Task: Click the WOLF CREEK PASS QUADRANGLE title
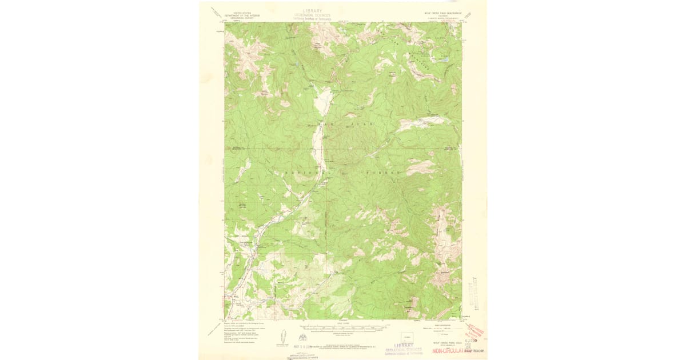pos(439,12)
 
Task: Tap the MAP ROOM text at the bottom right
pos(473,351)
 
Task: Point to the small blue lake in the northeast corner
pos(444,59)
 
